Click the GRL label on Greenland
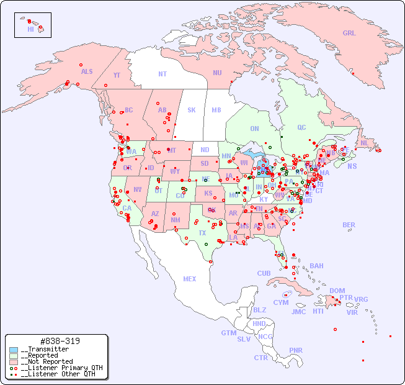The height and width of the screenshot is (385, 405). click(x=349, y=34)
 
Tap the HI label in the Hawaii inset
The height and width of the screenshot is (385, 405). click(x=30, y=29)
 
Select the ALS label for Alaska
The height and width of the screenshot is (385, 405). click(x=87, y=71)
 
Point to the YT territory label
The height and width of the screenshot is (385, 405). click(x=117, y=75)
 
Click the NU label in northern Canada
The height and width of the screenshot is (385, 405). click(x=217, y=73)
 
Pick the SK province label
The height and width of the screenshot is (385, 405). click(x=192, y=110)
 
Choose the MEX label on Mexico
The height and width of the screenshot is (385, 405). click(x=190, y=279)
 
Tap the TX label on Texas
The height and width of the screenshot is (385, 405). click(x=202, y=233)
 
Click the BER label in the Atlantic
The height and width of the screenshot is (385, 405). click(x=349, y=225)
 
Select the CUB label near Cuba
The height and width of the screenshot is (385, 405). click(x=264, y=273)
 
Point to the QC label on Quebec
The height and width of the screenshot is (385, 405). click(x=301, y=127)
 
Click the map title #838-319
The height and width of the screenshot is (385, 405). click(x=59, y=341)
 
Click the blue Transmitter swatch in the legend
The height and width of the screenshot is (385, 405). click(x=14, y=350)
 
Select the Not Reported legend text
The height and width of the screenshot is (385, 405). click(x=47, y=361)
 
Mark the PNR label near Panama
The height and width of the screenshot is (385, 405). click(x=296, y=350)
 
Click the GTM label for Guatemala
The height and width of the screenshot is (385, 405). click(x=228, y=333)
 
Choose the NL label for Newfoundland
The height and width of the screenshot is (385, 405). click(x=364, y=143)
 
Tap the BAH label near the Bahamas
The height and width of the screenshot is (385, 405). click(x=316, y=266)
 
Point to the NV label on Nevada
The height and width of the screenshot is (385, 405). click(x=138, y=189)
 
